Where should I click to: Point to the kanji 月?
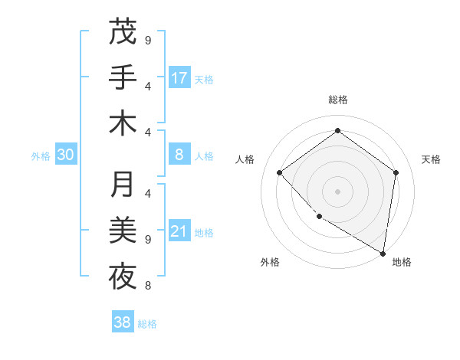click(123, 185)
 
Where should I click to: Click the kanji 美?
click(123, 230)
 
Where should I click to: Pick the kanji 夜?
click(123, 276)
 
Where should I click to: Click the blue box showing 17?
click(179, 77)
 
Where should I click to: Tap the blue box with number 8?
click(179, 155)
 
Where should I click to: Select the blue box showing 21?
click(179, 231)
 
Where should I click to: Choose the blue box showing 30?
click(66, 155)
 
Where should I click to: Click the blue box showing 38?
click(123, 322)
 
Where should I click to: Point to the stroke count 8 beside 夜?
click(147, 286)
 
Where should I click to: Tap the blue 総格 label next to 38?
click(147, 324)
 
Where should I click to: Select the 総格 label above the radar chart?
click(338, 100)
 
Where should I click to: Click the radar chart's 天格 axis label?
click(431, 159)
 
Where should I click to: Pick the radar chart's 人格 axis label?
click(245, 159)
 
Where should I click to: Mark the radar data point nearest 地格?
click(383, 252)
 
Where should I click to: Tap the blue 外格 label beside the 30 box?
click(41, 155)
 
